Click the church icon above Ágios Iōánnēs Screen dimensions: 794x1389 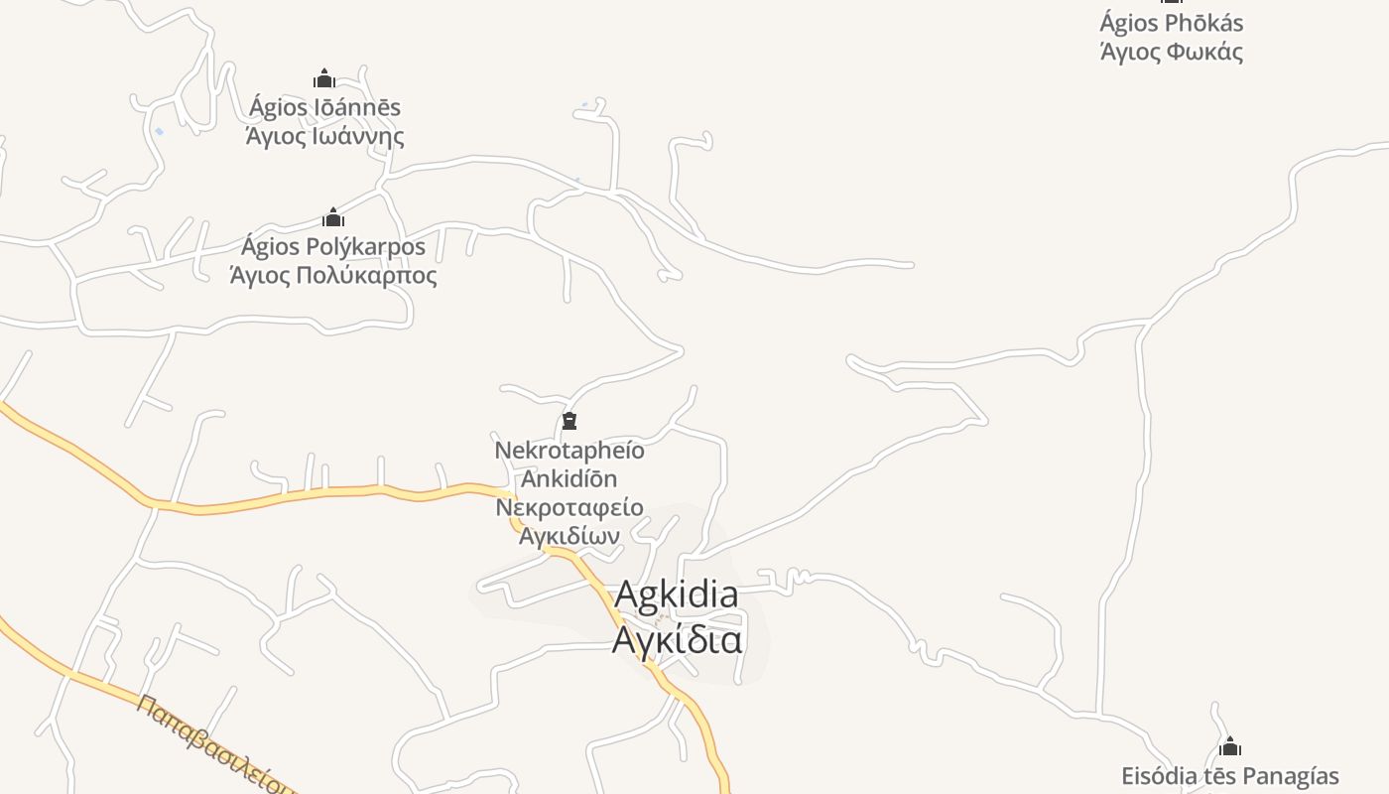coord(323,78)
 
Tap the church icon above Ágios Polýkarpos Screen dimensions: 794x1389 coord(333,217)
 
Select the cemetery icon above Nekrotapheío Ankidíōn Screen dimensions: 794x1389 coord(569,422)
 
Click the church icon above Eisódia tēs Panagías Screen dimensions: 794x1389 coord(1230,746)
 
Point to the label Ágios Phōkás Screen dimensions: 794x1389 coord(1171,23)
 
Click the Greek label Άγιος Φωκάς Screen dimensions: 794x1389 coord(1172,52)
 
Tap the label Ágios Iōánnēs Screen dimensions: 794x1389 coord(324,107)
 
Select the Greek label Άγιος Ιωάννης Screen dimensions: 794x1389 coord(324,135)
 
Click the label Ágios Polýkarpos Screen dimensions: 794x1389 coord(333,246)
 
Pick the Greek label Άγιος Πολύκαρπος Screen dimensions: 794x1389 coord(333,275)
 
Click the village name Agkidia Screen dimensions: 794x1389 coord(677,595)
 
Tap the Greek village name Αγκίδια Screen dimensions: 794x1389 coord(677,639)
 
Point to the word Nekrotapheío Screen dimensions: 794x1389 coord(569,451)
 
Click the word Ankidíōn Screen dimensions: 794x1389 coord(569,478)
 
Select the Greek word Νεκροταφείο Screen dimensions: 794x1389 coord(569,507)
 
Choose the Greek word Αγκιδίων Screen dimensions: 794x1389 coord(569,536)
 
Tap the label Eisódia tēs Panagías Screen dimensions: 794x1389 coord(1230,776)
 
